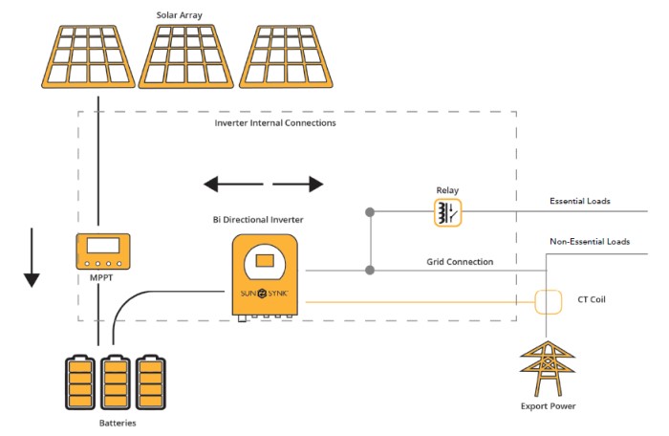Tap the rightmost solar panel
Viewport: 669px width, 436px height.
coord(288,55)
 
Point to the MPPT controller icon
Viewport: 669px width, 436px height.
coord(103,251)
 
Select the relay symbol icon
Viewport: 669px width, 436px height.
coord(447,211)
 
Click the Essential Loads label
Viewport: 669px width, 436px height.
coord(579,201)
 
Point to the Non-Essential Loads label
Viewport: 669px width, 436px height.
coord(589,242)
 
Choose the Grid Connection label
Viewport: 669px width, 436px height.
coord(460,261)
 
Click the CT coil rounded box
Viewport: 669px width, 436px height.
coord(549,302)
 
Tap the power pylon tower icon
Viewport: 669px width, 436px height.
coord(549,368)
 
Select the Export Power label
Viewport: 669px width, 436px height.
coord(549,406)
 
